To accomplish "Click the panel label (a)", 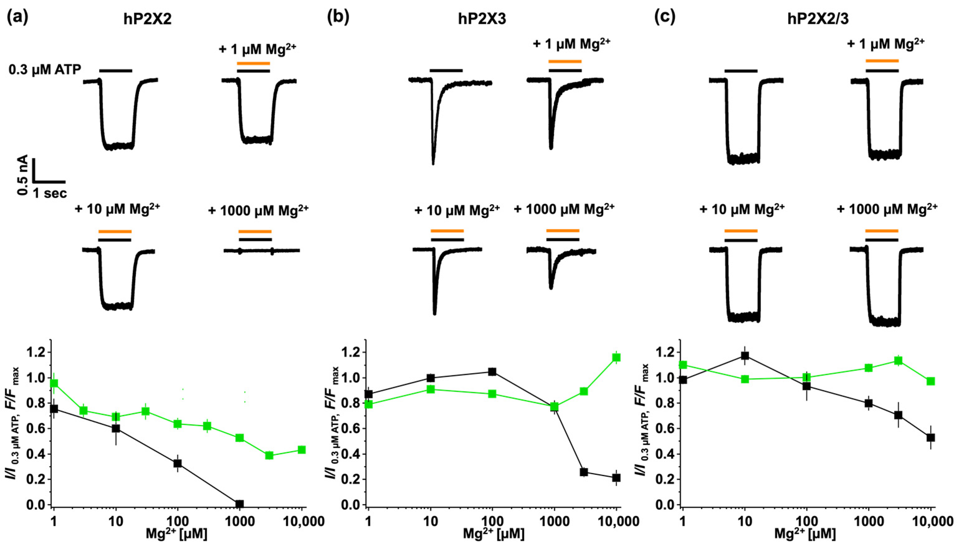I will (17, 18).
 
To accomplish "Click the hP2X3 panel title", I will (482, 19).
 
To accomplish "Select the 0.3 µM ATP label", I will (45, 70).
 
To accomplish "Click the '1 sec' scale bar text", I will (50, 193).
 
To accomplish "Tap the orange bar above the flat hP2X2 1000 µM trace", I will (255, 231).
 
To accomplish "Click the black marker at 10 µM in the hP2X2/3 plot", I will (745, 356).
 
